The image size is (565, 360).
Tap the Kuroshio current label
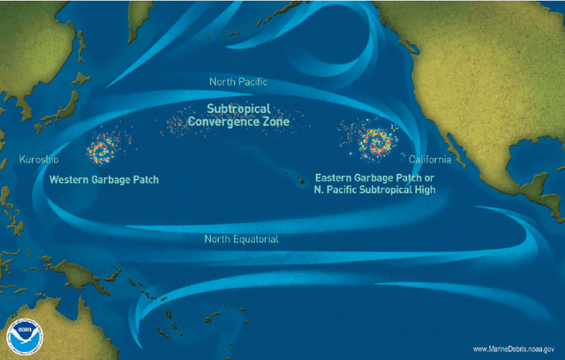[x=38, y=161]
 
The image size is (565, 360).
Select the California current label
[x=430, y=160]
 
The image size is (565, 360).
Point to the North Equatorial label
[x=241, y=239]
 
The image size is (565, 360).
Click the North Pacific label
[x=238, y=82]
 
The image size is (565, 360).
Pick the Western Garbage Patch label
[x=104, y=178]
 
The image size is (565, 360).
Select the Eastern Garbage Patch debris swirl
[x=377, y=140]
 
